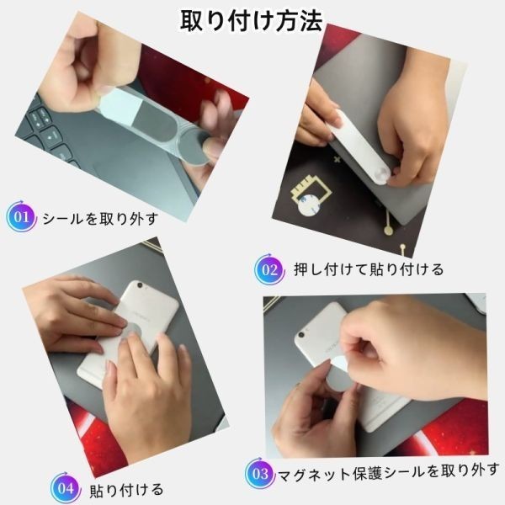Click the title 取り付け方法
[x=251, y=21]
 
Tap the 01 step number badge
[x=21, y=216]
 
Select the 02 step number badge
[x=269, y=269]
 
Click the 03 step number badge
[x=260, y=473]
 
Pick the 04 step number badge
[x=66, y=488]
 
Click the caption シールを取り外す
[x=99, y=219]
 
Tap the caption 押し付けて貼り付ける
[x=369, y=269]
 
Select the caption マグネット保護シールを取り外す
[x=388, y=472]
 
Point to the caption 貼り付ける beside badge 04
[x=126, y=490]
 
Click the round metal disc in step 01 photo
[x=194, y=149]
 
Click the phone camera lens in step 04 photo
[x=141, y=285]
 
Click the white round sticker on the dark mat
[x=309, y=205]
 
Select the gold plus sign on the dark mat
[x=337, y=159]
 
